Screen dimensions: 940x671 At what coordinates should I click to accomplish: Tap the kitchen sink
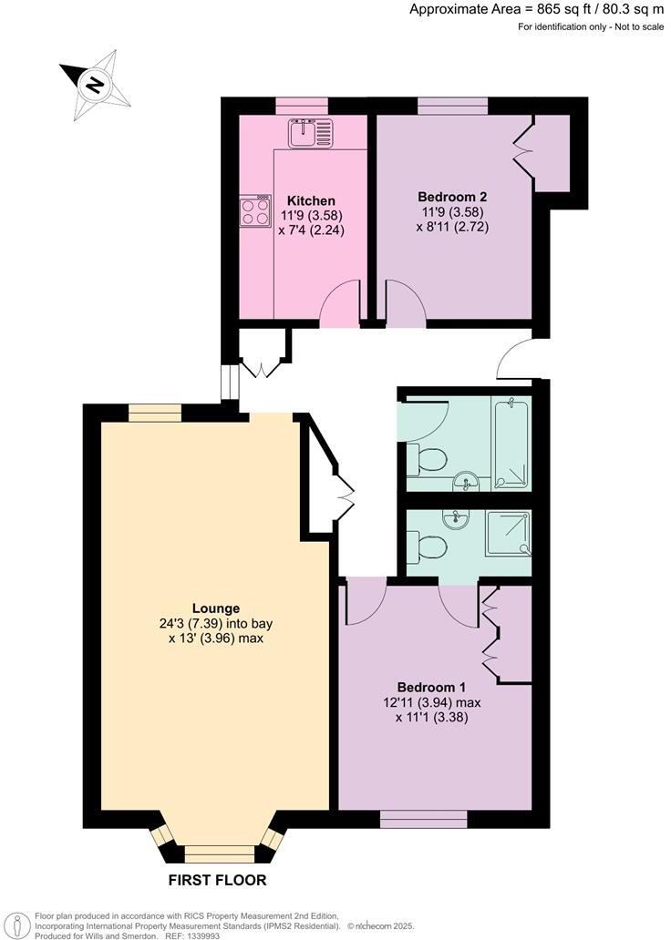(311, 134)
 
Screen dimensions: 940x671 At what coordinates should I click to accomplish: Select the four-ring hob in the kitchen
(255, 212)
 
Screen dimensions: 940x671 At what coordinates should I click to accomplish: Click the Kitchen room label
(311, 200)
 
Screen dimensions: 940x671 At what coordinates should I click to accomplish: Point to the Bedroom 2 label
(452, 197)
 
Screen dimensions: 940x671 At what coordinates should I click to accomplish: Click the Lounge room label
(215, 608)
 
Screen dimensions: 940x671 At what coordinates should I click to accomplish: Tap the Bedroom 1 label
(431, 687)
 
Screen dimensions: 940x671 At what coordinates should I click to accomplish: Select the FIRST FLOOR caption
(218, 881)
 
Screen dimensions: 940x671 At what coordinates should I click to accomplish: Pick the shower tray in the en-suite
(508, 533)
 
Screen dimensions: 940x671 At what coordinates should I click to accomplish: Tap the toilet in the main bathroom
(427, 460)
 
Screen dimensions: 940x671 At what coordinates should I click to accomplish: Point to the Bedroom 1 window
(423, 820)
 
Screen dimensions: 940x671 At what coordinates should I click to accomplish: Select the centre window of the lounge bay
(219, 853)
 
